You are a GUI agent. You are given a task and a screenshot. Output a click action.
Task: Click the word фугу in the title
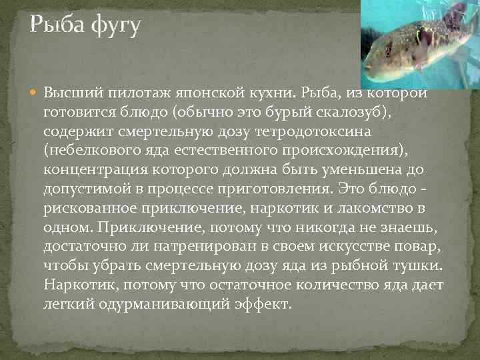pos(111,27)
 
